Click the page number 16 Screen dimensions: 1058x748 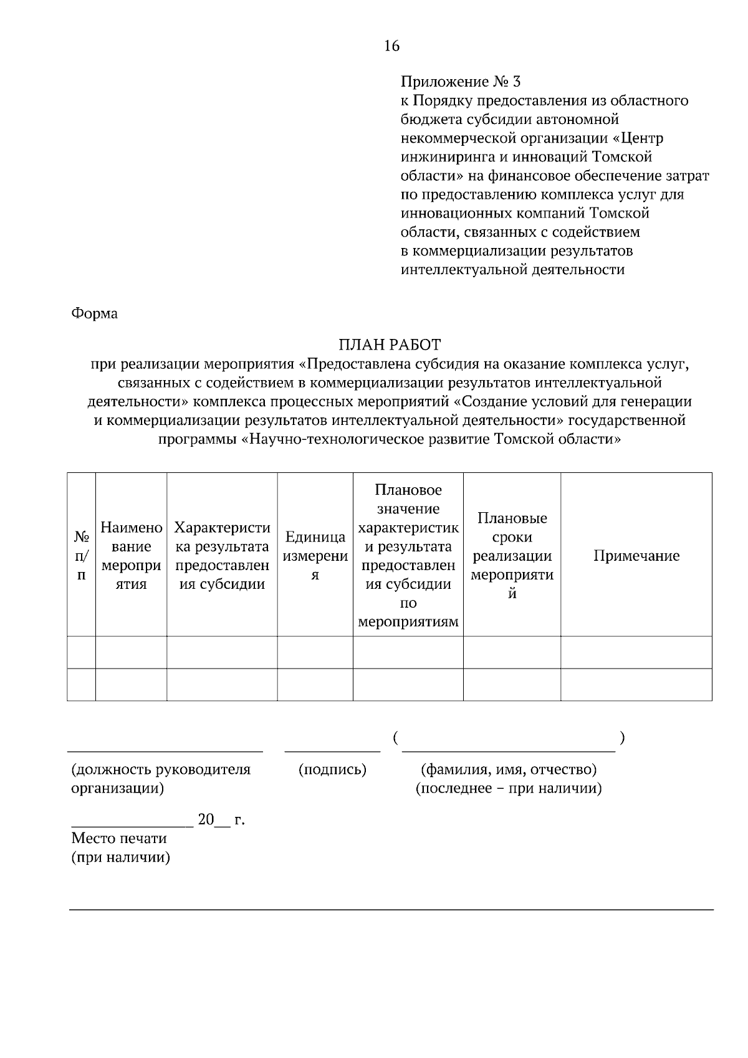click(391, 46)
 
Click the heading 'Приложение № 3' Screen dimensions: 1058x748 click(460, 82)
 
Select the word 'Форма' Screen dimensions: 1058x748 click(95, 313)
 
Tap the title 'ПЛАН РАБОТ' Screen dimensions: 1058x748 click(390, 345)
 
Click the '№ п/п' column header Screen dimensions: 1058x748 click(81, 555)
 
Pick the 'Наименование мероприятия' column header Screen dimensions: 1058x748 click(131, 556)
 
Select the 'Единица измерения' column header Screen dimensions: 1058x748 click(315, 556)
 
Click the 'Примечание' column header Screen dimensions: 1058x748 click(636, 556)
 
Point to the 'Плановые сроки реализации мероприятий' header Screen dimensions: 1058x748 click(512, 556)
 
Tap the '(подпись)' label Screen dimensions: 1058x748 click(332, 770)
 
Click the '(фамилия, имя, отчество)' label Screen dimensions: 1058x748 click(509, 770)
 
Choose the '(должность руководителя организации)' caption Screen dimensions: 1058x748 click(161, 779)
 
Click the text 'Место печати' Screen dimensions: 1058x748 click(119, 839)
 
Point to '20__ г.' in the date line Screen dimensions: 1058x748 click(221, 820)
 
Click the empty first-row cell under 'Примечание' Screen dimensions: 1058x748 click(636, 652)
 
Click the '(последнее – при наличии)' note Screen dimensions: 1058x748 click(509, 789)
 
